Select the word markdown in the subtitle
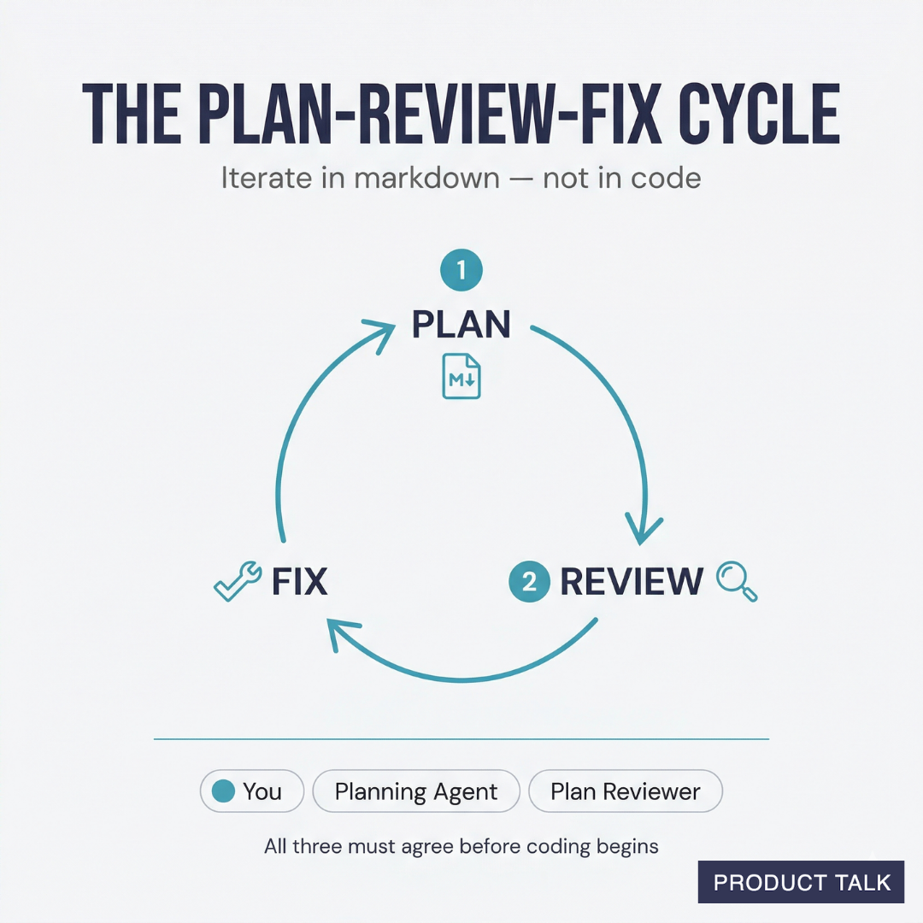point(413,178)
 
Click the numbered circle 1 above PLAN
point(461,272)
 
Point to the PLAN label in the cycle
point(461,324)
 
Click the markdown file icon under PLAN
point(461,377)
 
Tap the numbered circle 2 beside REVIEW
point(529,582)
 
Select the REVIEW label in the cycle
point(632,582)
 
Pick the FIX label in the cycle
point(299,582)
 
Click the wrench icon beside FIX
point(237,582)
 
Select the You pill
point(252,791)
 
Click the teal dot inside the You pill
point(223,791)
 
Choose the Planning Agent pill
point(416,791)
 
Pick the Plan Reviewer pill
point(626,791)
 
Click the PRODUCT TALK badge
point(801,882)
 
